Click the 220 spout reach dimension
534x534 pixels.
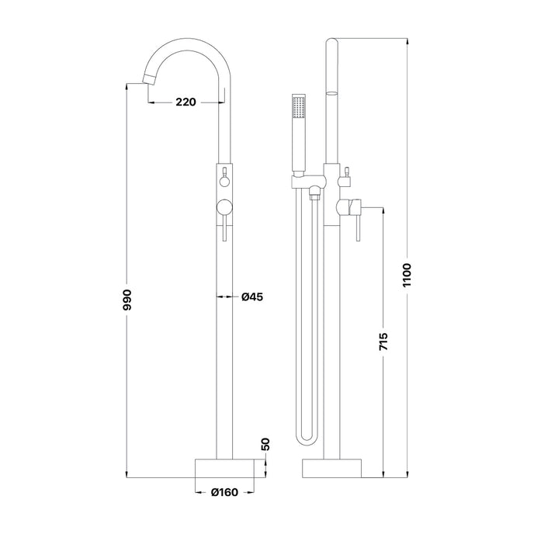(186, 102)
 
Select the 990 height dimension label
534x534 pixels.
(127, 300)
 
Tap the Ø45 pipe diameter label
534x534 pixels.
(252, 297)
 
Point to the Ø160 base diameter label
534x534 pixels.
(224, 492)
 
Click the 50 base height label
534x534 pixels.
(265, 444)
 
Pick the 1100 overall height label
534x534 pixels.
(407, 276)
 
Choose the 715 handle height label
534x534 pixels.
(383, 342)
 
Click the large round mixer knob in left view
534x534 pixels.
(224, 207)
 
